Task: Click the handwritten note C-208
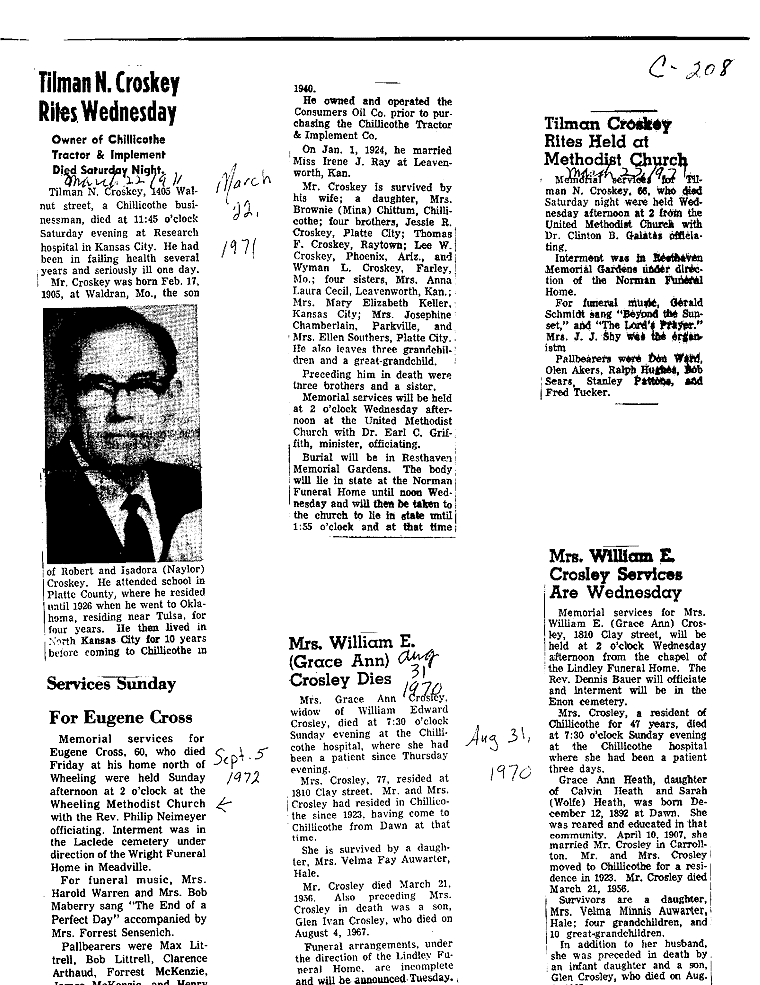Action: (x=689, y=67)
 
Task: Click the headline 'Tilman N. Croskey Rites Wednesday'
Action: (x=108, y=97)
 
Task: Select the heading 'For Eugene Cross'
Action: (x=120, y=717)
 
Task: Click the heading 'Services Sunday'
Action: (x=111, y=684)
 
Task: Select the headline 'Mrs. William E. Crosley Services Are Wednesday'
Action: (x=615, y=574)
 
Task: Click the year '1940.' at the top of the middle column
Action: (x=304, y=88)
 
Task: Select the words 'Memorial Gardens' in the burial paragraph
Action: (x=343, y=469)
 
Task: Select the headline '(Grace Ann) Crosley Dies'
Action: (x=340, y=670)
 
